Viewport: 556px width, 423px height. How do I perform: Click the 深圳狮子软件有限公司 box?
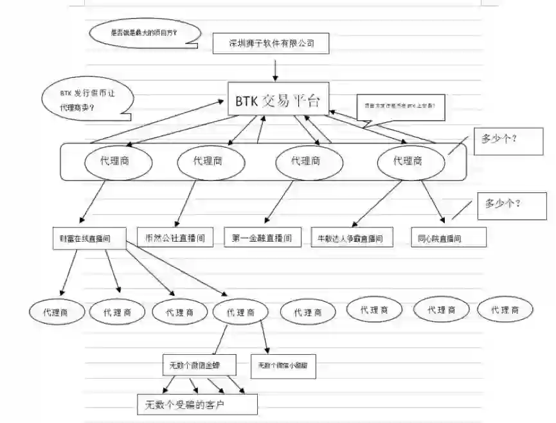[x=272, y=44]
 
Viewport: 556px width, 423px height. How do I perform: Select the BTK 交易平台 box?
[x=278, y=100]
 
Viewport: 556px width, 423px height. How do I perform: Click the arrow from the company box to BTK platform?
[x=275, y=69]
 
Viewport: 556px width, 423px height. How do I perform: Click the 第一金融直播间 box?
[x=262, y=237]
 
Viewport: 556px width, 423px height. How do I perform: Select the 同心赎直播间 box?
[x=448, y=238]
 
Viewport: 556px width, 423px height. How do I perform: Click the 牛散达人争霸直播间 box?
[x=350, y=238]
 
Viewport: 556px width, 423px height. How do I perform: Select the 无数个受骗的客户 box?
[x=197, y=405]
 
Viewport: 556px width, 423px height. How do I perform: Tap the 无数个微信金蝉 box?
[x=199, y=365]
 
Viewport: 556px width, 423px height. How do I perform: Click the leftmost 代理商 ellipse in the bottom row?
[x=58, y=312]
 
